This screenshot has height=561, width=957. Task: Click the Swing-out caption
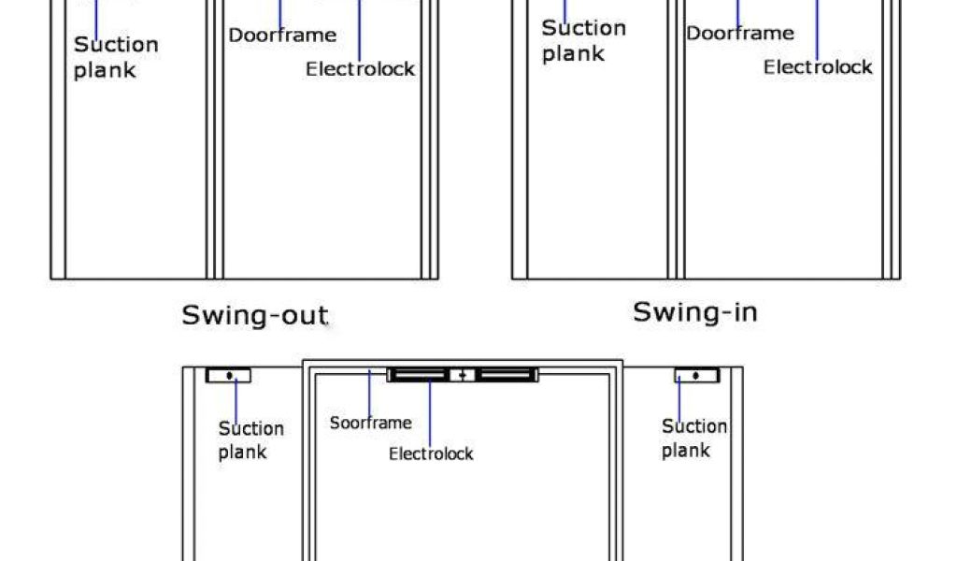pos(254,314)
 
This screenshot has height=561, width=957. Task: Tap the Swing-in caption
pos(694,311)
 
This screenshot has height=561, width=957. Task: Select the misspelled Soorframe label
pos(370,423)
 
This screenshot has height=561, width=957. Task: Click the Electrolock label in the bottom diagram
pos(431,454)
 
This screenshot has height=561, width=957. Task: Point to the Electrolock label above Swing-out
pos(360,69)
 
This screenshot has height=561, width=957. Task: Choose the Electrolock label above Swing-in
pos(818,67)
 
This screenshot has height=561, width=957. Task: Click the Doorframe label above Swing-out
pos(282,36)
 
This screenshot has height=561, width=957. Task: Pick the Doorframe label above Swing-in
pos(740,34)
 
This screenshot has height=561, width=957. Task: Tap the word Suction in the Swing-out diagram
pos(117,45)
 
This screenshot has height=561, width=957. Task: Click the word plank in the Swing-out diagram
pos(105,70)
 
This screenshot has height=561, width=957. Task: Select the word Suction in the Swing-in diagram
pos(584,28)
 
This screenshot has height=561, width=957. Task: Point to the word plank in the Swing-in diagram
pos(573,54)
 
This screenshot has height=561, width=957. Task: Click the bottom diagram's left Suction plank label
pos(250,440)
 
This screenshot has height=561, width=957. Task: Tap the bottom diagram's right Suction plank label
pos(694,439)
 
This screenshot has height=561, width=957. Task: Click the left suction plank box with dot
pos(228,376)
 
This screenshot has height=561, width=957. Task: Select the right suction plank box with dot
pos(697,376)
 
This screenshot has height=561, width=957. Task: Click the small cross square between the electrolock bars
pos(463,375)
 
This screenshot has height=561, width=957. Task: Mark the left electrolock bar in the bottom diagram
pos(419,375)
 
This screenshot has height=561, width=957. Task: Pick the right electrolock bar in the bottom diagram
pos(506,375)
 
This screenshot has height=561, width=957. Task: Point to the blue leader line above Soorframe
pos(370,392)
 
